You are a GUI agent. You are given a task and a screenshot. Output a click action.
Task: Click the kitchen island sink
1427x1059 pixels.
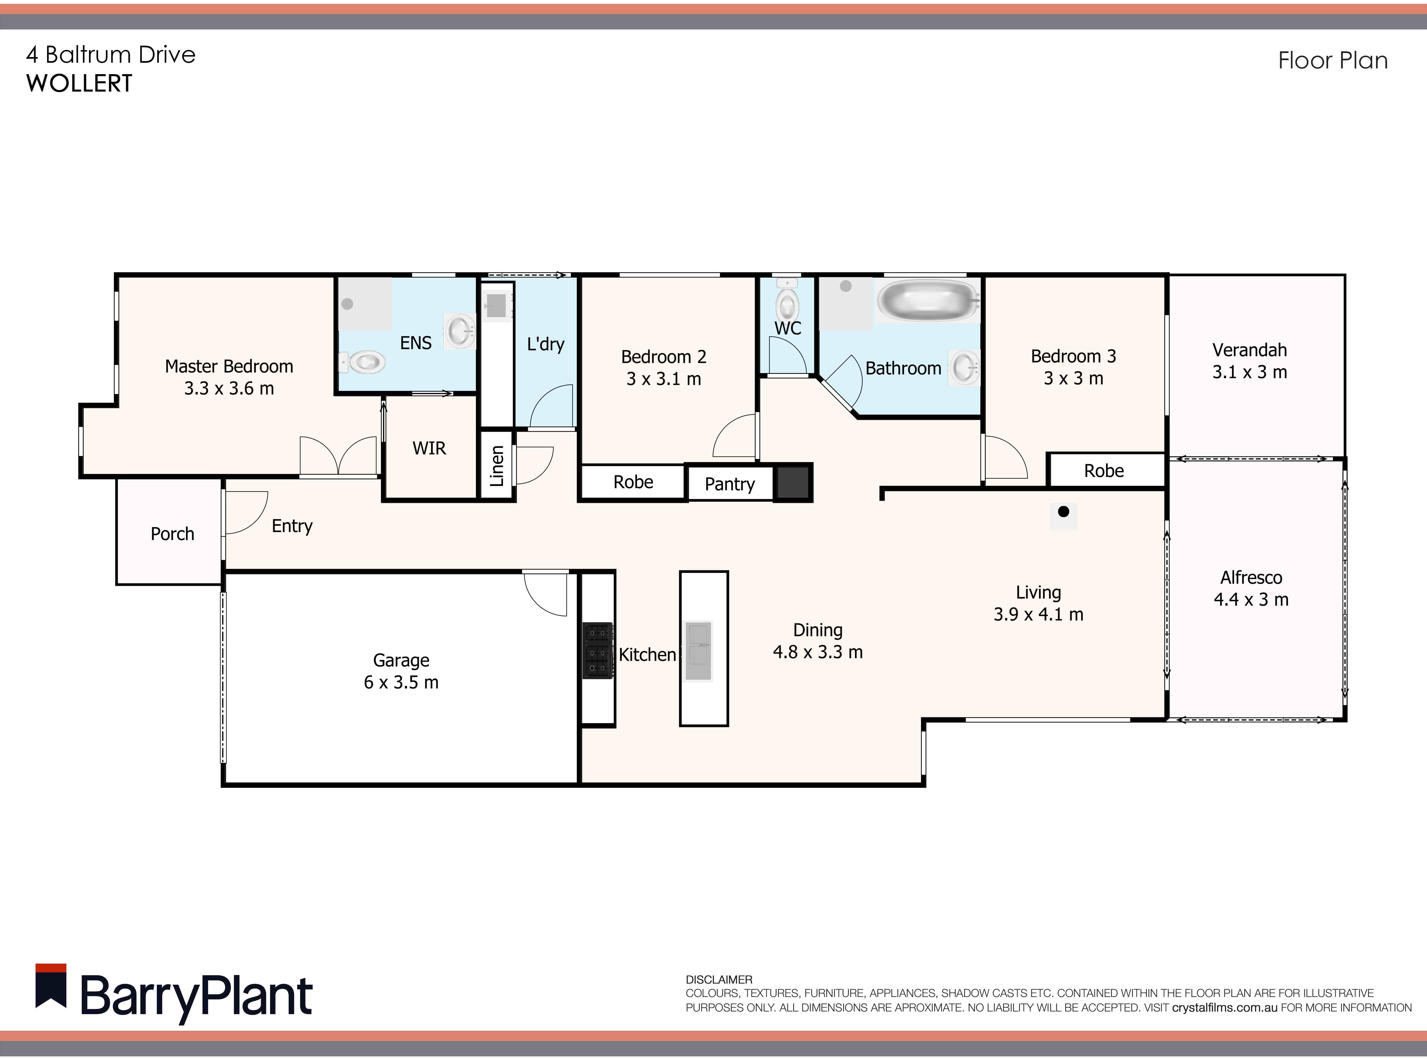coord(699,650)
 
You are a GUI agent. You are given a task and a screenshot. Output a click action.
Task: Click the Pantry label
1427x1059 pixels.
coord(729,484)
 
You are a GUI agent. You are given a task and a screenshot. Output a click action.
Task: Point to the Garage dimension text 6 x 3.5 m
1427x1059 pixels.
coord(401,682)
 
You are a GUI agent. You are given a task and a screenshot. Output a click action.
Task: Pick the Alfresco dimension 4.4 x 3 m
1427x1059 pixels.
coord(1251,599)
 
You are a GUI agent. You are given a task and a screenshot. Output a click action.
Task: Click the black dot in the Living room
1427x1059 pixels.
coord(1063,511)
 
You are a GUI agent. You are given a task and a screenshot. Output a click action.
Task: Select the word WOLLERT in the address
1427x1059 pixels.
coord(79,83)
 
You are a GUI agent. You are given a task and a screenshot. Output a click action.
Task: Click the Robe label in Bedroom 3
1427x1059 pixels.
coord(1104,471)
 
